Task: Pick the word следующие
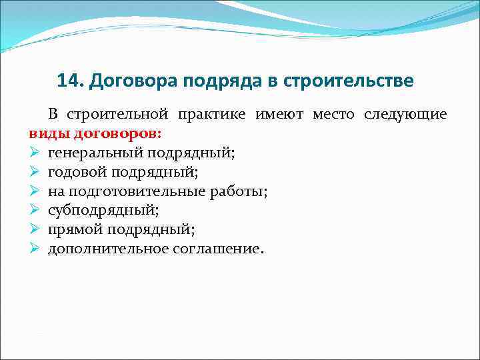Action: click(x=405, y=114)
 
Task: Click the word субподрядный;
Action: click(x=95, y=211)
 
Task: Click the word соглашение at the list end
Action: click(x=212, y=249)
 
